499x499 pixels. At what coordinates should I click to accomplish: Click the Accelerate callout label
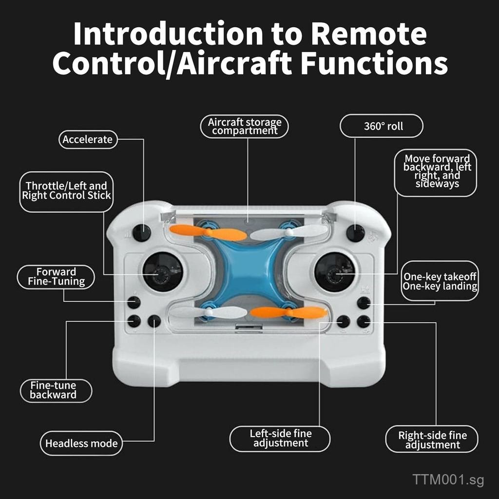click(88, 139)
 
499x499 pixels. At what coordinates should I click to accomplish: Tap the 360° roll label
click(382, 126)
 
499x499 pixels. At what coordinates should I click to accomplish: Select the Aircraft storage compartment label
click(245, 126)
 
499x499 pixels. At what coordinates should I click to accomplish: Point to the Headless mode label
click(81, 443)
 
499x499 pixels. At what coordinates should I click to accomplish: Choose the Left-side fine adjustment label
click(280, 439)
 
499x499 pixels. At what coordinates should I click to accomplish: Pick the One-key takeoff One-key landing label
click(440, 281)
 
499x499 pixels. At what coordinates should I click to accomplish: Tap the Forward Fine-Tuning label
click(56, 277)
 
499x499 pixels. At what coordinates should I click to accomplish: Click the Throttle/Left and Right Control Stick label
click(66, 191)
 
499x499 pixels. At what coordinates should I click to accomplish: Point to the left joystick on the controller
click(162, 272)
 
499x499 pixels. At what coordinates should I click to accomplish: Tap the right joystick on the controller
click(334, 272)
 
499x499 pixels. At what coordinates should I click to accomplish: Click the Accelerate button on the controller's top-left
click(142, 233)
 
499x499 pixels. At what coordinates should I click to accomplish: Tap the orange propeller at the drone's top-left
click(208, 232)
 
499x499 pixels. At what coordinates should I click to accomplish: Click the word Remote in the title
click(369, 34)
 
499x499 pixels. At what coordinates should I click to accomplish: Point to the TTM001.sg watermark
click(448, 480)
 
